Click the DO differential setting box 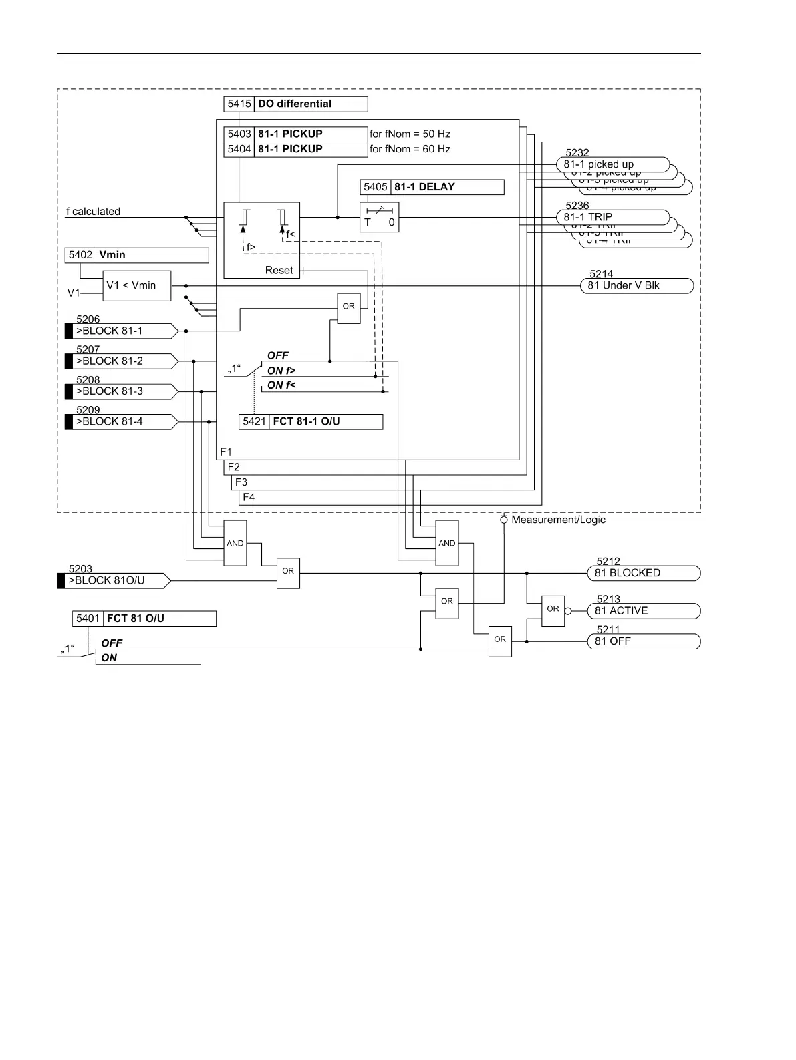[x=295, y=104]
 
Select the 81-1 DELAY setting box [x=432, y=187]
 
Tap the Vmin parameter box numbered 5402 [x=137, y=255]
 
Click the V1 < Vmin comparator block [x=136, y=285]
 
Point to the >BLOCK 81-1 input [x=121, y=331]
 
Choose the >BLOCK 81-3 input [x=121, y=391]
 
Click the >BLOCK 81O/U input [x=114, y=580]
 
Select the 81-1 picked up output [x=612, y=164]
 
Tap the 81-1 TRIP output [x=612, y=217]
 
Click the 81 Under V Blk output [x=636, y=286]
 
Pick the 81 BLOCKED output [x=643, y=573]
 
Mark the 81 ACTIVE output [x=643, y=610]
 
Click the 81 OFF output [x=643, y=641]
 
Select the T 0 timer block [x=379, y=218]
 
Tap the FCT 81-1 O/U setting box [x=311, y=422]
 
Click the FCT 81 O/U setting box [x=144, y=619]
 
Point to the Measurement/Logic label [x=558, y=520]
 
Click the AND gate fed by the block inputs [x=235, y=543]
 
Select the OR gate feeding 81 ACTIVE [x=553, y=610]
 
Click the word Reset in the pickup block [x=279, y=271]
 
